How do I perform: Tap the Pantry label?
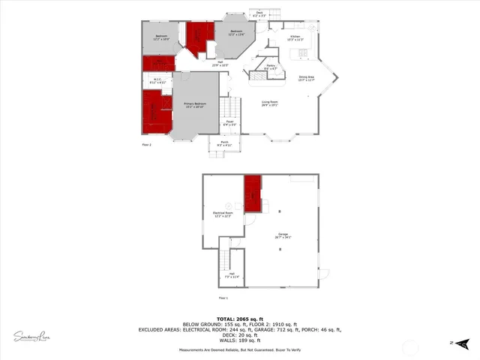click(271, 67)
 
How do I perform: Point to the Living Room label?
click(270, 103)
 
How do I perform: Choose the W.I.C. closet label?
click(158, 81)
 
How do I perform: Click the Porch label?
click(224, 143)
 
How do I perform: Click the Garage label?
click(283, 235)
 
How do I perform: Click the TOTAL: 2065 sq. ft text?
click(239, 319)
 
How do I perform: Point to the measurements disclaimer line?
click(239, 350)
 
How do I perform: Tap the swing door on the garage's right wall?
click(325, 272)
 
